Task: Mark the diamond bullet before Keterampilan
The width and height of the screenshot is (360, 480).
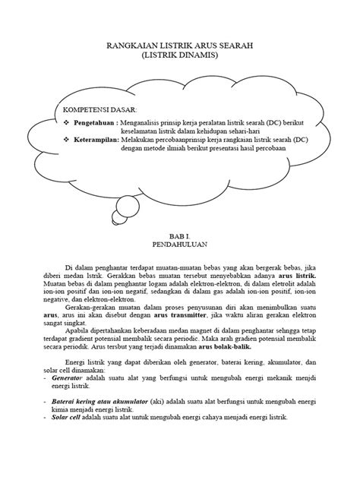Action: coord(66,139)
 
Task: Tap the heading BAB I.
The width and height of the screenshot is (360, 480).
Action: coord(179,236)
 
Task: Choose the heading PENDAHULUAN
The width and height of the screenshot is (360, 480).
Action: coord(179,246)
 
